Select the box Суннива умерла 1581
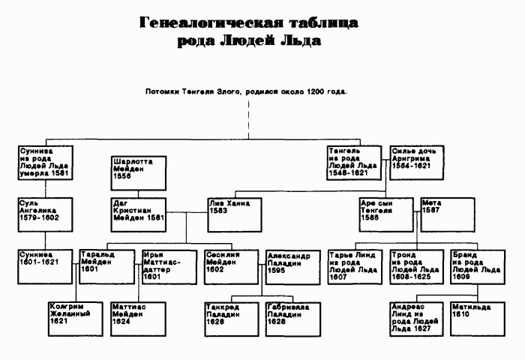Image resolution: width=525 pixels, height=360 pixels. point(44,161)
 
